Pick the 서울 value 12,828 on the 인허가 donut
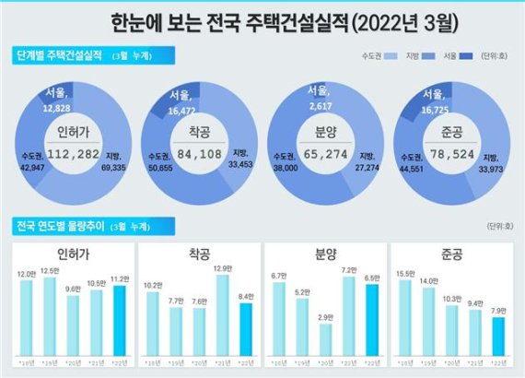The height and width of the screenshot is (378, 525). (56, 108)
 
